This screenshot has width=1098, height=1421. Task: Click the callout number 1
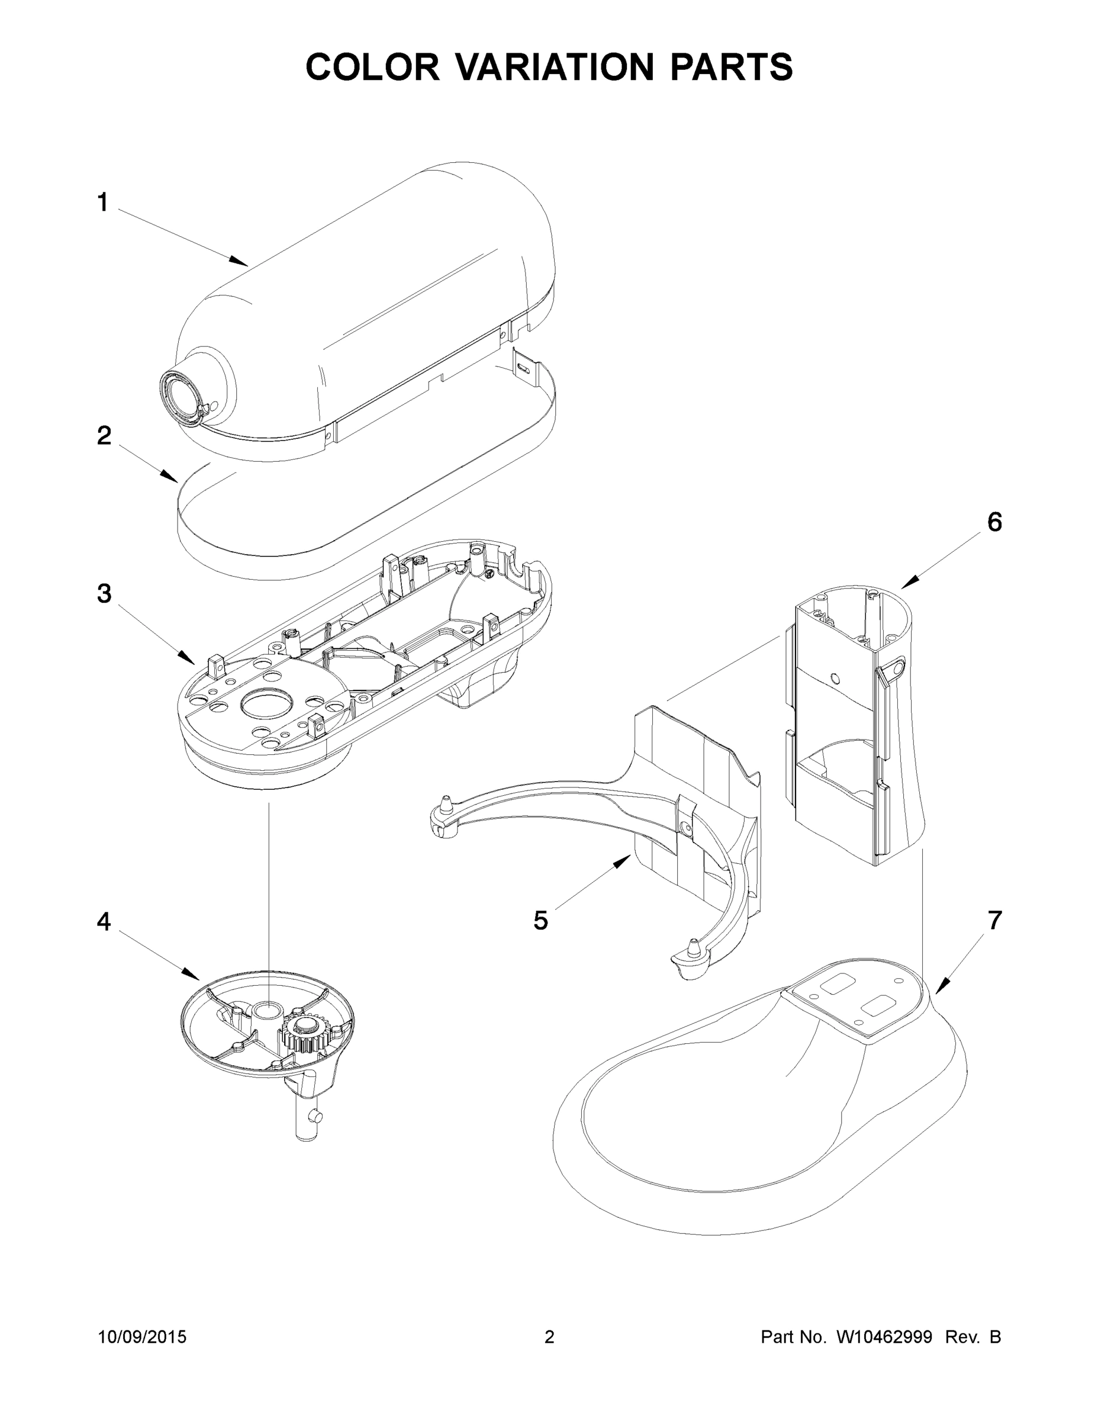103,202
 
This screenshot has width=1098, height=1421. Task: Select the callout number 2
104,436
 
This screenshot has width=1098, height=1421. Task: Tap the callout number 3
104,593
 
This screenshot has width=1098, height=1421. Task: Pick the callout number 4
104,921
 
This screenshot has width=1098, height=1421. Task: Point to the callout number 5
540,921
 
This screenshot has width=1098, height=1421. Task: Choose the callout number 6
994,522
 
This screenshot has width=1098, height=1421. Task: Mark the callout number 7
994,920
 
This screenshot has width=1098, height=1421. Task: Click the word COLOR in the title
372,66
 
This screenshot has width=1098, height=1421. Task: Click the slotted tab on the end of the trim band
523,368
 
